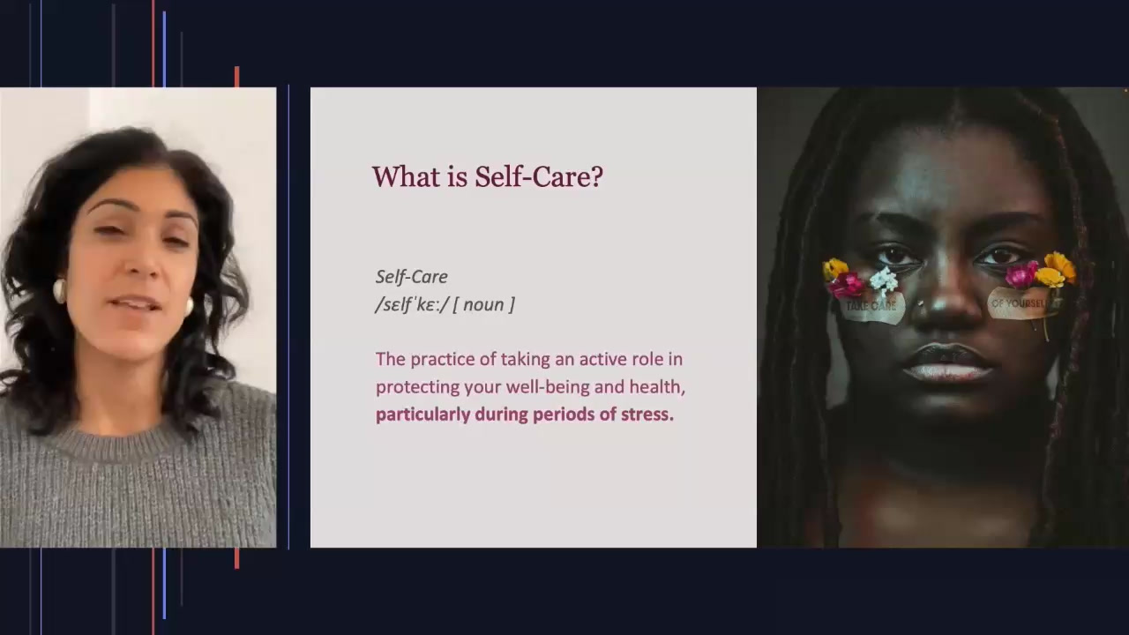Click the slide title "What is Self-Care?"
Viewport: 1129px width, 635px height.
487,176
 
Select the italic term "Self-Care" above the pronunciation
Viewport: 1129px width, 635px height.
411,277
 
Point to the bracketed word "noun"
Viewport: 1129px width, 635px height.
482,304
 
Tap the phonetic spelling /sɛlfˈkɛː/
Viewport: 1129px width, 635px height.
412,304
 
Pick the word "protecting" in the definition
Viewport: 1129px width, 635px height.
411,387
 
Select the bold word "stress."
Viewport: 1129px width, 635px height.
647,415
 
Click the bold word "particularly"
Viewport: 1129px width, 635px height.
422,415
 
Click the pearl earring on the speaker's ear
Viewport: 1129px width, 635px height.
60,290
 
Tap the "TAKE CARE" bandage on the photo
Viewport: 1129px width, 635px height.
871,306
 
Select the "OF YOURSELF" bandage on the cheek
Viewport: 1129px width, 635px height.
1019,303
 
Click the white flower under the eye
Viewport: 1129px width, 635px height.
883,280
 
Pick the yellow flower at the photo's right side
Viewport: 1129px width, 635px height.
1058,265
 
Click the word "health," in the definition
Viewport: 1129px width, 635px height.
657,387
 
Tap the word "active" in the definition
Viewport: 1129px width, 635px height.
608,359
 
